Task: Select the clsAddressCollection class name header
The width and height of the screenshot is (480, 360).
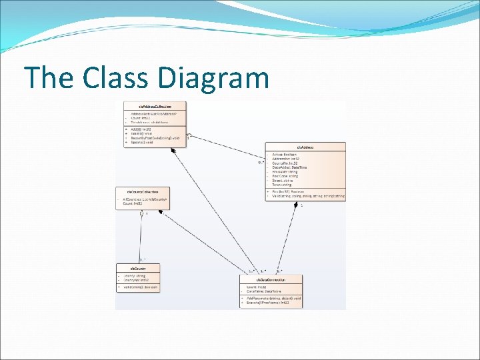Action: [155, 106]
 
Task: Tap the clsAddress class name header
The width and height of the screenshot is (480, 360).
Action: [305, 147]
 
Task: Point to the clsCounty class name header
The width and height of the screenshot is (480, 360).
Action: [139, 268]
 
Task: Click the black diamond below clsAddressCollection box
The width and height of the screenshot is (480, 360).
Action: [173, 151]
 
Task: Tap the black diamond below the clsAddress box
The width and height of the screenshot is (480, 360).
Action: [296, 204]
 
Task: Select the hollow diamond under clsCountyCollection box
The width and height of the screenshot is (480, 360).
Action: [141, 213]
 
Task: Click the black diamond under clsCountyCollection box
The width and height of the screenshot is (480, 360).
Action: [160, 213]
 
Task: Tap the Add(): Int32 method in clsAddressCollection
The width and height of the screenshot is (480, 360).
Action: [141, 129]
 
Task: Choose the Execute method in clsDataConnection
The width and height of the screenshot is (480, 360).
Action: [271, 303]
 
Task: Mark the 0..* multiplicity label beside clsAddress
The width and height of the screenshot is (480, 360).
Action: [261, 162]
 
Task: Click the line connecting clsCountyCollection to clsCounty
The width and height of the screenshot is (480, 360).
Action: [141, 237]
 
